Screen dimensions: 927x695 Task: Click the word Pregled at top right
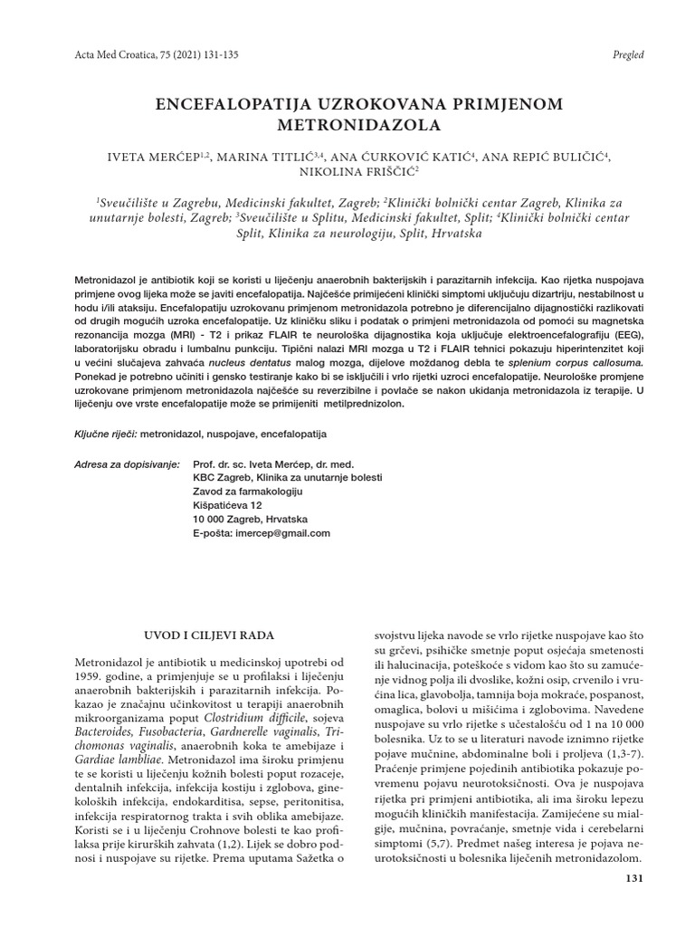point(627,54)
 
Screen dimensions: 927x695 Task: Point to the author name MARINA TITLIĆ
point(270,158)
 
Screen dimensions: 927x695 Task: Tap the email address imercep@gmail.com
point(279,534)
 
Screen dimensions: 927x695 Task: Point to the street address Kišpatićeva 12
point(228,504)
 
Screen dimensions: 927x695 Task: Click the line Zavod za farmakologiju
point(247,491)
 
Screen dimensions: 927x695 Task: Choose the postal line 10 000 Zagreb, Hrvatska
point(250,519)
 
